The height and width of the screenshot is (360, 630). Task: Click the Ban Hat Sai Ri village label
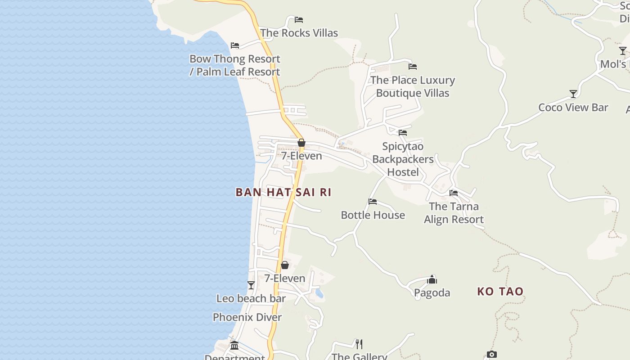click(283, 193)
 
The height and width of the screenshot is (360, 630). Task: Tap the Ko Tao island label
click(500, 292)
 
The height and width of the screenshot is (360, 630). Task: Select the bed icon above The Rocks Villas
click(298, 20)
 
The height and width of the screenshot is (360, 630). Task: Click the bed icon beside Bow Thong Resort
click(234, 45)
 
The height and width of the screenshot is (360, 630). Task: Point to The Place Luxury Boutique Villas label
click(413, 86)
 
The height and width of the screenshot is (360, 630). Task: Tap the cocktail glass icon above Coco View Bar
click(573, 94)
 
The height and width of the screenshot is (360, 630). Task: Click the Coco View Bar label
click(573, 108)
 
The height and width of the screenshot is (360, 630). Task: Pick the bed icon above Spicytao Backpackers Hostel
click(403, 133)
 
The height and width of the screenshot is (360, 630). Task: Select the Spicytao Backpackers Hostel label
click(403, 159)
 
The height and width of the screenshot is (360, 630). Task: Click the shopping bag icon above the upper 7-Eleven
click(301, 143)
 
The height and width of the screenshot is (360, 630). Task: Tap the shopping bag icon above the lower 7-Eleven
click(284, 265)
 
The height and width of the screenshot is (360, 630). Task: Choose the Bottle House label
click(373, 215)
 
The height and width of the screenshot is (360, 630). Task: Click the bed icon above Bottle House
click(373, 202)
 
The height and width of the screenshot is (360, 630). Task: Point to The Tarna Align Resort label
click(454, 213)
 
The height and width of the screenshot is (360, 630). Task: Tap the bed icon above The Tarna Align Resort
click(454, 193)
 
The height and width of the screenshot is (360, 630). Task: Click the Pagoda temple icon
click(432, 279)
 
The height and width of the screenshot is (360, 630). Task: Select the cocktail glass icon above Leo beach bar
click(251, 285)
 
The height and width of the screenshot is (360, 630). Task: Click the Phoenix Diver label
click(247, 317)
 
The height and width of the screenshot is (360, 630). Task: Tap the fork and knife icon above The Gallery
click(359, 344)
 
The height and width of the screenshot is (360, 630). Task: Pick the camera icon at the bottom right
click(491, 355)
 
